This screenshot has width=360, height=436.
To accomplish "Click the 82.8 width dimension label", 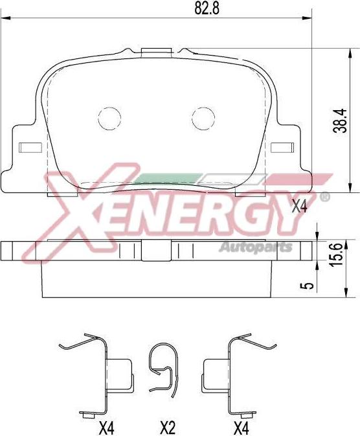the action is coord(207,8).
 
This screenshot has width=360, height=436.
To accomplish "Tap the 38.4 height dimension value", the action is coord(341,120).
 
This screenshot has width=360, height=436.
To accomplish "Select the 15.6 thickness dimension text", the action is coord(335,254).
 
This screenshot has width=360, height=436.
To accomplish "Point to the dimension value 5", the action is coord(309,286).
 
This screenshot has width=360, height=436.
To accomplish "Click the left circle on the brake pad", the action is coord(110,119).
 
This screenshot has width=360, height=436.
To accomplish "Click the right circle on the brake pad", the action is coord(203,119).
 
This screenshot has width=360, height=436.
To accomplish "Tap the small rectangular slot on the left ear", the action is coord(30,147).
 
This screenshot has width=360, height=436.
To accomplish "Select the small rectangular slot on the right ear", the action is coord(282,147).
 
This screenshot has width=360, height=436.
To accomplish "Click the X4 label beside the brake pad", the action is coord(300,207).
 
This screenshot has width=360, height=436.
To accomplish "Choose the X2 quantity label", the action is coord(168,428).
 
